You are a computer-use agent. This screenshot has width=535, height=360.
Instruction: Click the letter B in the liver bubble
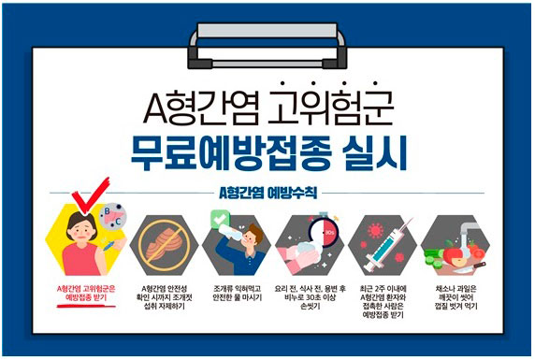(107, 211)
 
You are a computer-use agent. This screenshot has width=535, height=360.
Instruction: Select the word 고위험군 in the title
(330, 107)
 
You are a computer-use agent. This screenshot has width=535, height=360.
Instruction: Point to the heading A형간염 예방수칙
(267, 193)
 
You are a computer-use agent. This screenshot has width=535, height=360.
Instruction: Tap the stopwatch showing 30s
(324, 231)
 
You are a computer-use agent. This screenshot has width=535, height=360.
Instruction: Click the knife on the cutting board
(469, 267)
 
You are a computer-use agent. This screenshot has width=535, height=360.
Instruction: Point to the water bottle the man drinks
(230, 234)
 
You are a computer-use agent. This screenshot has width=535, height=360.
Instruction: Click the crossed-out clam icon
(164, 245)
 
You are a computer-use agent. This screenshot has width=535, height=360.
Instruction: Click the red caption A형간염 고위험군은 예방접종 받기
(86, 293)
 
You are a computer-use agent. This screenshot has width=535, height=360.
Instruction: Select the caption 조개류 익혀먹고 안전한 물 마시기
(238, 293)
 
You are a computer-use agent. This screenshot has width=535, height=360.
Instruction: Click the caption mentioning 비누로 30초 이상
(311, 297)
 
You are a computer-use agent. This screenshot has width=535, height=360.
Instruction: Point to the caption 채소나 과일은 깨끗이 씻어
(455, 293)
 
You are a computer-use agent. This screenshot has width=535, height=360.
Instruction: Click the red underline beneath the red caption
(86, 306)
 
